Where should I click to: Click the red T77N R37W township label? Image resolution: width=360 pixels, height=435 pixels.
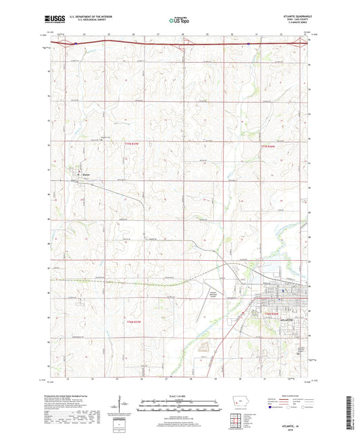134,143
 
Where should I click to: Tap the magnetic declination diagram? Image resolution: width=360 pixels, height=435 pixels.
126,406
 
